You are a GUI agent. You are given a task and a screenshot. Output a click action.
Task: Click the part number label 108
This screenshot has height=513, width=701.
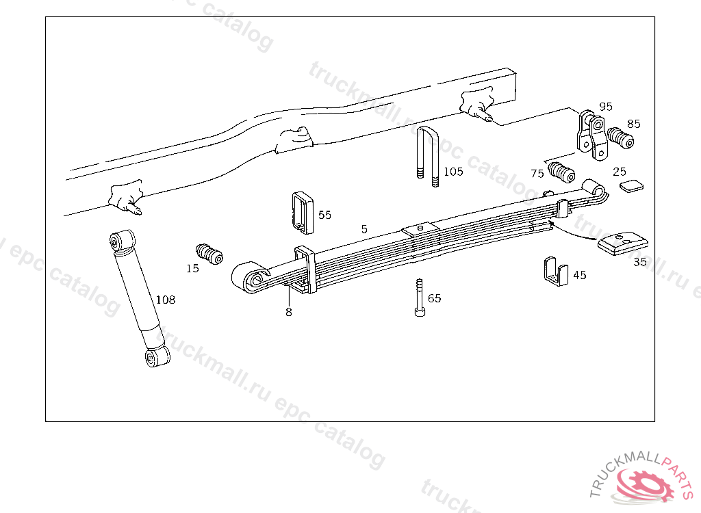tap(166, 300)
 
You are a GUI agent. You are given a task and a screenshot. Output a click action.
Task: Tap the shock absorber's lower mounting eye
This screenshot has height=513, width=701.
tap(157, 357)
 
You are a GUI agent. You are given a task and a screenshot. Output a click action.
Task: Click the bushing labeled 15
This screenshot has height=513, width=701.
tap(209, 252)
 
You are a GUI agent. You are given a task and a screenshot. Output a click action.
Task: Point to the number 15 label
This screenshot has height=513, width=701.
tap(192, 269)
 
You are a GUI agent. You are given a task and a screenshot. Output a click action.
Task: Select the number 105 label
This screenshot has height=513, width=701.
tap(453, 171)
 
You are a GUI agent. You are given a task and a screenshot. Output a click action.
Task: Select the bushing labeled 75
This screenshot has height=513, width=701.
tap(562, 172)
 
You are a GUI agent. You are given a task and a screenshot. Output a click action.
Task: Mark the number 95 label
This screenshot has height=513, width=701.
tap(606, 107)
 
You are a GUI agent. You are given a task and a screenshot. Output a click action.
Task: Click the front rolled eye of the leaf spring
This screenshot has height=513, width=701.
tap(248, 278)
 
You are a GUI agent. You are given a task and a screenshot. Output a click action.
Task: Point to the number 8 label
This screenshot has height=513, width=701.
tap(289, 312)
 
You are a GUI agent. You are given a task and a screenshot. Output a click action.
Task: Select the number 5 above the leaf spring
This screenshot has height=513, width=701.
tap(364, 228)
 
